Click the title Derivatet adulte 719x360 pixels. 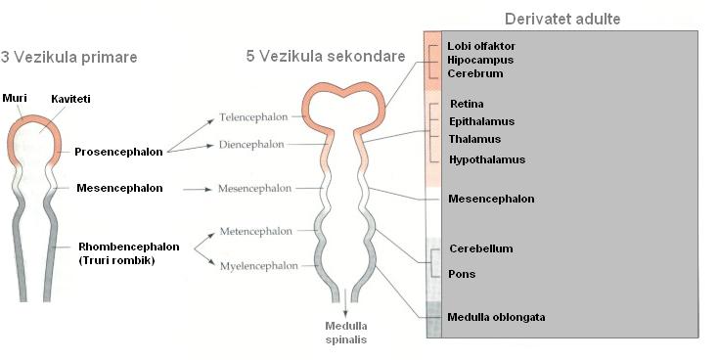[562, 19]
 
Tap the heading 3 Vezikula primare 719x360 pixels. [68, 58]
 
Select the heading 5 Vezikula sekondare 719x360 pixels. [326, 56]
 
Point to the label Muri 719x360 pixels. [15, 98]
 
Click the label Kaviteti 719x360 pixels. [70, 99]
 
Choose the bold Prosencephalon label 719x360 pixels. [118, 152]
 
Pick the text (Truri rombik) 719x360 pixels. [116, 260]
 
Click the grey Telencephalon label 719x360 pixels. [253, 117]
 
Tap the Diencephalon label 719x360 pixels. [251, 145]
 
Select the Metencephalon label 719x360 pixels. [256, 231]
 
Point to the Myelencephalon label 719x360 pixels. [258, 266]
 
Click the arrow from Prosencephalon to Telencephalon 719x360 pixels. [191, 135]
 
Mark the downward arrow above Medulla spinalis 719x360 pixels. [345, 302]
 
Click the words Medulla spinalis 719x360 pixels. [346, 333]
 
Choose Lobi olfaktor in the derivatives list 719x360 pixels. [481, 46]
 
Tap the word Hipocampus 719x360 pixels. [480, 60]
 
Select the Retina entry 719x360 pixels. [467, 104]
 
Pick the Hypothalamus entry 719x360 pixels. [487, 159]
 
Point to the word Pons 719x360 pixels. [462, 274]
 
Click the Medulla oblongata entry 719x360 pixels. [496, 317]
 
